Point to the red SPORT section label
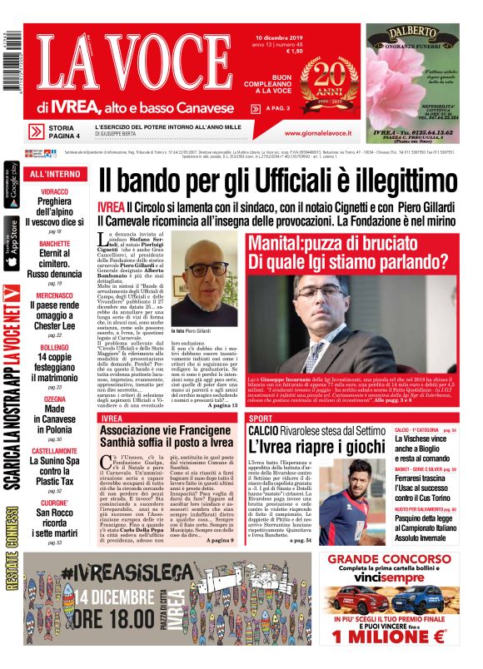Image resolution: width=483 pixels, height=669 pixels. click(x=261, y=418)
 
